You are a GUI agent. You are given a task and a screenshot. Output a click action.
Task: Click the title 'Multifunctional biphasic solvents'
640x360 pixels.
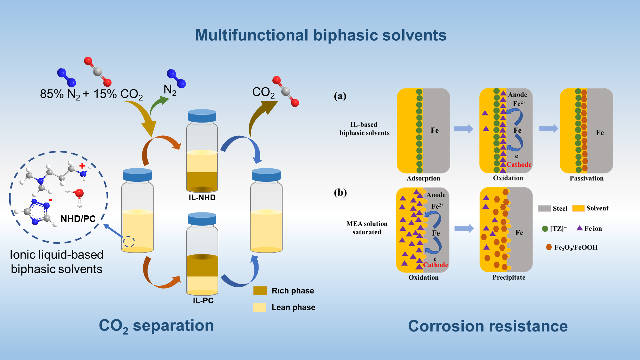pyautogui.click(x=321, y=35)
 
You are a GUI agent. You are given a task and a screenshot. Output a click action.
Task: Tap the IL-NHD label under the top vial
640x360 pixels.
pyautogui.click(x=202, y=197)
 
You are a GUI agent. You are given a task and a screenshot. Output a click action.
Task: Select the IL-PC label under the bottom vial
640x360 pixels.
pyautogui.click(x=203, y=300)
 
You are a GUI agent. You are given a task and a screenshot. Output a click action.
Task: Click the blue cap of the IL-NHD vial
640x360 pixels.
pyautogui.click(x=202, y=116)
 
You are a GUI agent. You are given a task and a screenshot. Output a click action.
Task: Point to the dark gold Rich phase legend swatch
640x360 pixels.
pyautogui.click(x=260, y=291)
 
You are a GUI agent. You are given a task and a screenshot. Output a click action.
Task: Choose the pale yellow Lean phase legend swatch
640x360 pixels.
pyautogui.click(x=260, y=307)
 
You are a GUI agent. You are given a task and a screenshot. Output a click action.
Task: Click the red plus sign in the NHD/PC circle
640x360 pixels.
pyautogui.click(x=82, y=166)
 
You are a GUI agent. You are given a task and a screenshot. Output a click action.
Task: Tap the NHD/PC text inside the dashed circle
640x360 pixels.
pyautogui.click(x=78, y=219)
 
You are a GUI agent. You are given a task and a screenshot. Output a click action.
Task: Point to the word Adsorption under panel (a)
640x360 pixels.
pyautogui.click(x=423, y=178)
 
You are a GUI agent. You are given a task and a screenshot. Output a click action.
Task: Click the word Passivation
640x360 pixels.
pyautogui.click(x=587, y=178)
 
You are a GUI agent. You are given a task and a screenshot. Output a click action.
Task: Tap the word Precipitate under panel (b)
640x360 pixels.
pyautogui.click(x=509, y=277)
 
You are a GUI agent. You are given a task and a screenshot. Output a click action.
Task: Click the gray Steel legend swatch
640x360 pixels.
pyautogui.click(x=544, y=208)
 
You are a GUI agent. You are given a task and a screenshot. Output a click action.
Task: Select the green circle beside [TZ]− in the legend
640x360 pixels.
pyautogui.click(x=545, y=229)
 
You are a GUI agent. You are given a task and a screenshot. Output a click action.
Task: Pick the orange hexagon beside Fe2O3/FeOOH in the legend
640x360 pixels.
pyautogui.click(x=549, y=247)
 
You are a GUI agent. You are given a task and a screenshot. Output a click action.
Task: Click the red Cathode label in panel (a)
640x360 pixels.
pyautogui.click(x=519, y=164)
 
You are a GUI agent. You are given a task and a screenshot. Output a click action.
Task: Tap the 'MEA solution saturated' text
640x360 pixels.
pyautogui.click(x=367, y=228)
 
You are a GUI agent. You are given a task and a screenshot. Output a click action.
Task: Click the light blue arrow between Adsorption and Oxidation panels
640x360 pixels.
pyautogui.click(x=463, y=129)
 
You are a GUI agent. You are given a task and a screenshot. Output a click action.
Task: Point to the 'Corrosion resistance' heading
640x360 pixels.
pyautogui.click(x=488, y=326)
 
